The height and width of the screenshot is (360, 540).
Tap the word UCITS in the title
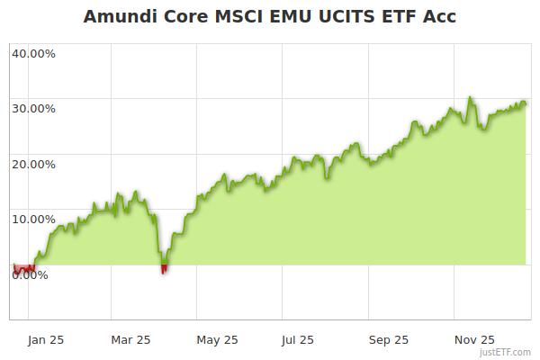pos(351,17)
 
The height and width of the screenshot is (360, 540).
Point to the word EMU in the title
pos(297,17)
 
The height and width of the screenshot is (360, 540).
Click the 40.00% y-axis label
pos(33,53)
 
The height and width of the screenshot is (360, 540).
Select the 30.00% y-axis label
pos(33,109)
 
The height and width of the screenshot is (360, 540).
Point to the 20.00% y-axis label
pos(33,165)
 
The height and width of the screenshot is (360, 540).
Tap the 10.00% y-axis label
pos(33,220)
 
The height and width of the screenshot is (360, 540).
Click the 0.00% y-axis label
pos(30,275)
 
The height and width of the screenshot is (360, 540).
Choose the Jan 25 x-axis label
pos(45,340)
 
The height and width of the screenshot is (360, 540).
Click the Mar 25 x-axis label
pos(131,340)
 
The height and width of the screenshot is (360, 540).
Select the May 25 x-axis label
pos(217,340)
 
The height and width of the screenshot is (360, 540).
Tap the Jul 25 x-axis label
pos(297,340)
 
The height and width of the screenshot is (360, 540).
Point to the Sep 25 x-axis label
pos(389,340)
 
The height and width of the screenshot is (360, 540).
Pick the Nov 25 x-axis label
pos(474,340)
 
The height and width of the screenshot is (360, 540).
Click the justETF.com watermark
pos(505,353)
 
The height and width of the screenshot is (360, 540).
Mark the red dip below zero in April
pos(164,268)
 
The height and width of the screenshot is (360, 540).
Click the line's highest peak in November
pos(470,97)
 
